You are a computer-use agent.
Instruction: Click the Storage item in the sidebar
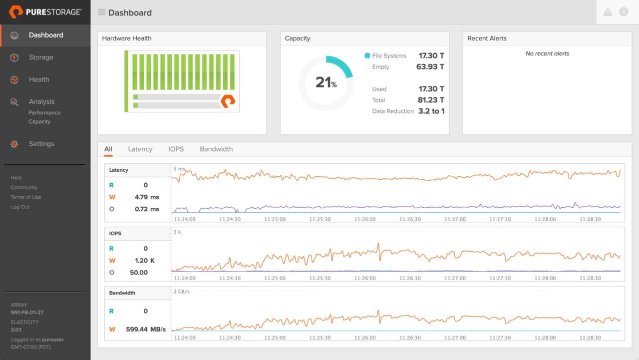pyautogui.click(x=41, y=57)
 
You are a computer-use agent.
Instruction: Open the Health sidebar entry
pyautogui.click(x=39, y=79)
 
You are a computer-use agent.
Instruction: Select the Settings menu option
pyautogui.click(x=41, y=144)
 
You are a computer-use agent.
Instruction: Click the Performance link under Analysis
pyautogui.click(x=44, y=113)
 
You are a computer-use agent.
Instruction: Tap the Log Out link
pyautogui.click(x=20, y=207)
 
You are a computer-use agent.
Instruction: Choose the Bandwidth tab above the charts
pyautogui.click(x=216, y=149)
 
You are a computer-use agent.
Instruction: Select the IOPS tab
pyautogui.click(x=176, y=149)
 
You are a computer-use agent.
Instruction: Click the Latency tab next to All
pyautogui.click(x=140, y=149)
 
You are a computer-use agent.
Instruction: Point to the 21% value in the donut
pyautogui.click(x=325, y=83)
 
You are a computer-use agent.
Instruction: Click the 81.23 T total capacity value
pyautogui.click(x=431, y=100)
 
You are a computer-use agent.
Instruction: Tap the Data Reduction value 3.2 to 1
pyautogui.click(x=431, y=111)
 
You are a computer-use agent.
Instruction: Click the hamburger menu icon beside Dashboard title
pyautogui.click(x=101, y=12)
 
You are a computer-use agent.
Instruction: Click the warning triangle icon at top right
pyautogui.click(x=608, y=12)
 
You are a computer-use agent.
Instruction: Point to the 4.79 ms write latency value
pyautogui.click(x=147, y=197)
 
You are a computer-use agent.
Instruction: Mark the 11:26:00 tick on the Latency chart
pyautogui.click(x=365, y=219)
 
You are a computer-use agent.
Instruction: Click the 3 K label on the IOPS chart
pyautogui.click(x=178, y=232)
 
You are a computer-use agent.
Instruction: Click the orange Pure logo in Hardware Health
pyautogui.click(x=228, y=101)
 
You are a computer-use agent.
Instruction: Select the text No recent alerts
pyautogui.click(x=547, y=54)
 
